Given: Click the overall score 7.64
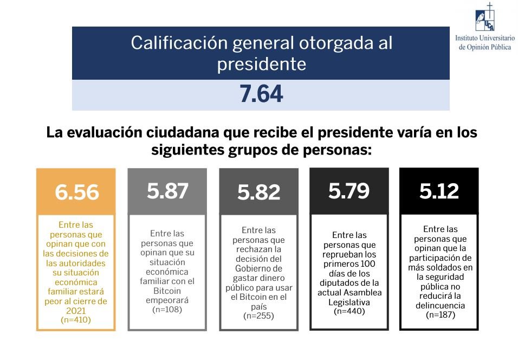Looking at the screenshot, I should (x=261, y=95).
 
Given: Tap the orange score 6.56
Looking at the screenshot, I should (x=76, y=192).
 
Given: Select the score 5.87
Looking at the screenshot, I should (x=167, y=191).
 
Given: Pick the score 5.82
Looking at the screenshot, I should (x=259, y=192).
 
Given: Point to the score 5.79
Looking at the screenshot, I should (x=349, y=191).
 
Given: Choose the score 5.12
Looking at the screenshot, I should (x=439, y=191).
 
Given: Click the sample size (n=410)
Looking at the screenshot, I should (x=76, y=320).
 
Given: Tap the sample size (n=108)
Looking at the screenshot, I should (x=167, y=310).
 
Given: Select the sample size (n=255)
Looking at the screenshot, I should (x=258, y=316).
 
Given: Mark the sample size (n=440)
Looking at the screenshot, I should (x=349, y=311).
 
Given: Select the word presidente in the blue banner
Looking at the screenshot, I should (x=261, y=65).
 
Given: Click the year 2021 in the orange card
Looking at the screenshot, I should (x=76, y=311).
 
